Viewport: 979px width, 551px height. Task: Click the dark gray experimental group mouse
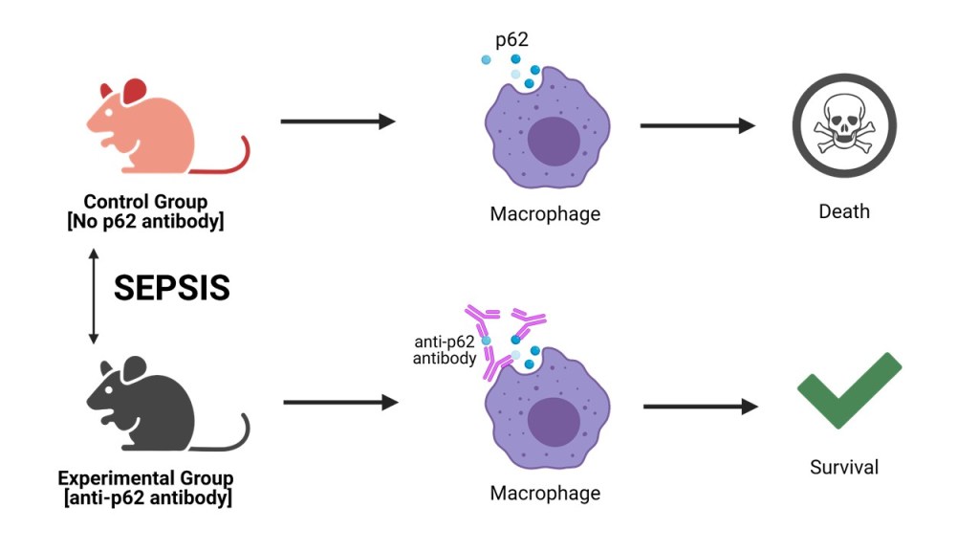click(x=153, y=407)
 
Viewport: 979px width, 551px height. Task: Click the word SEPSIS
click(x=172, y=288)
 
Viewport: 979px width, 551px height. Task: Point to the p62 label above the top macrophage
click(x=511, y=40)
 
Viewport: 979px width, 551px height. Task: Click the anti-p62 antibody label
click(x=445, y=350)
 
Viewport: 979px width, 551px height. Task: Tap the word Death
click(x=844, y=210)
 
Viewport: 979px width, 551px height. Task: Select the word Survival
click(x=843, y=468)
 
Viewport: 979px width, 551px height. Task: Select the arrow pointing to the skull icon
click(x=697, y=124)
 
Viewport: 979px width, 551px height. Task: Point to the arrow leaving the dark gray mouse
click(x=339, y=403)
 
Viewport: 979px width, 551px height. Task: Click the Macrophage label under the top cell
click(x=545, y=213)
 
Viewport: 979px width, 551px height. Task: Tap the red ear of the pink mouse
click(x=133, y=92)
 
